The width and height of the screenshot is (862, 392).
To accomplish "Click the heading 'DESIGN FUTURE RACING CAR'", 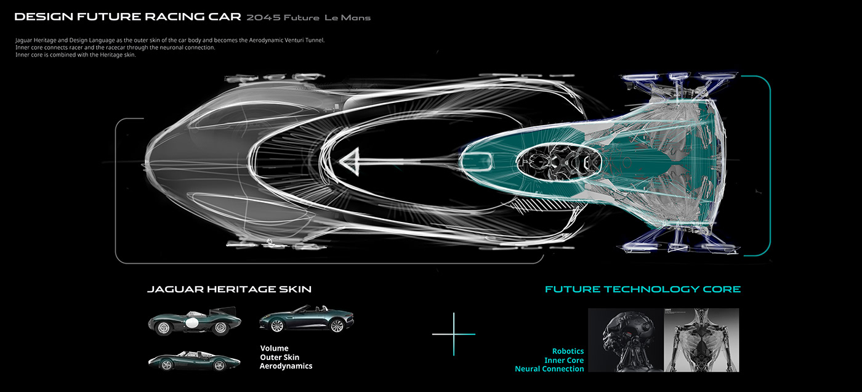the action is pos(126,17).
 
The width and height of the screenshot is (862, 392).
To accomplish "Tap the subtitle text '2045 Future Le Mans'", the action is pos(308,18).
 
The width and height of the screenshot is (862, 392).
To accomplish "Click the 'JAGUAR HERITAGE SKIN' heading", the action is pos(229,289).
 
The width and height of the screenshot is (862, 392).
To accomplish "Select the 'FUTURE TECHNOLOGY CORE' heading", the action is pos(642,289).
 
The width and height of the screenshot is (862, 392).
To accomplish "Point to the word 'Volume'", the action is pos(274,348).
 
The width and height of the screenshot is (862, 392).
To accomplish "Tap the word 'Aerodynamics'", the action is pos(286,366).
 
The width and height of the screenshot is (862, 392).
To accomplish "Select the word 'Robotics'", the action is pos(568,351).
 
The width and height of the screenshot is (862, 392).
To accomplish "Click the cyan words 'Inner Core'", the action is pos(563,360).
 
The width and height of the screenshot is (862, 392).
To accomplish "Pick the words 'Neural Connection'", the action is pos(549,369).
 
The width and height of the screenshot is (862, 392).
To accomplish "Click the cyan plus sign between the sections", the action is pos(454,334).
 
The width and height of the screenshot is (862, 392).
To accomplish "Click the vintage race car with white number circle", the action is pos(194,322).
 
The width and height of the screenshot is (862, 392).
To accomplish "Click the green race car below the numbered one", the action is pos(185,360).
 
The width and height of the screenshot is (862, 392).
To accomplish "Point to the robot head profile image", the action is pos(624,340).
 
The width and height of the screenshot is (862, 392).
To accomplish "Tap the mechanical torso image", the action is pos(701,340).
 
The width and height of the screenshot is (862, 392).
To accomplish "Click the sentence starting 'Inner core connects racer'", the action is pos(116,47).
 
